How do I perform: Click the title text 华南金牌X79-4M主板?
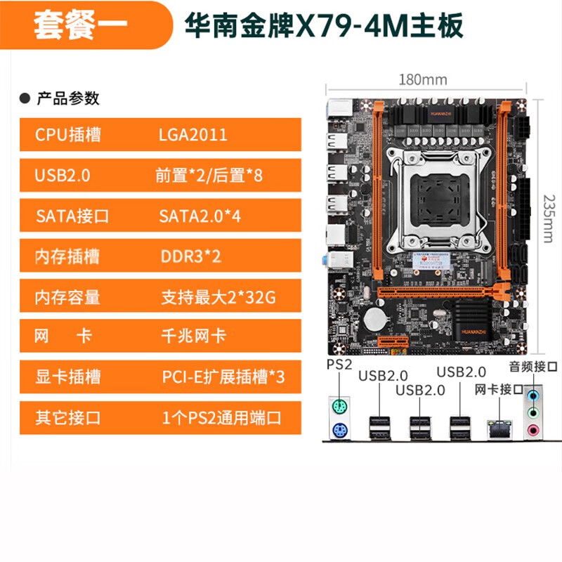click(x=323, y=26)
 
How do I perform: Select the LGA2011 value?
click(x=193, y=135)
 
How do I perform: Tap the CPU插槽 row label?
click(x=68, y=135)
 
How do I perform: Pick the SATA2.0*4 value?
click(x=200, y=216)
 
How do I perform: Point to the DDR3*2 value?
click(x=190, y=256)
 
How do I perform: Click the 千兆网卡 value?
click(x=193, y=336)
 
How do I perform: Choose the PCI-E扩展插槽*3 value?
click(x=223, y=377)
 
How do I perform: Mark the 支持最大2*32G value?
click(x=218, y=297)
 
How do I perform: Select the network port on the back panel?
click(x=497, y=426)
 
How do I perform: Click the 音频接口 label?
click(x=533, y=366)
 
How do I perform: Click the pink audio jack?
click(x=534, y=429)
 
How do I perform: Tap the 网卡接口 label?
click(x=499, y=389)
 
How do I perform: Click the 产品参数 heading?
click(x=68, y=98)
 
